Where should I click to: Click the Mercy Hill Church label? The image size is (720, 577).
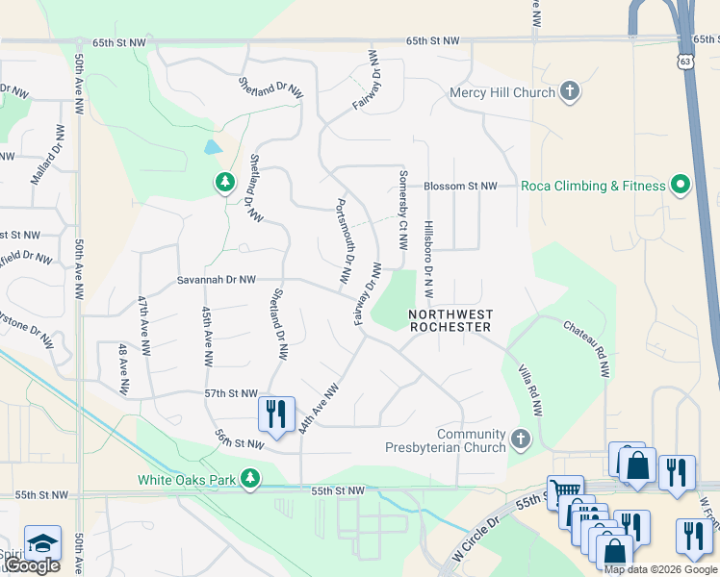tap(502, 92)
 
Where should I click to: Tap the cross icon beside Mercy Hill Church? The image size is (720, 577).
tap(570, 92)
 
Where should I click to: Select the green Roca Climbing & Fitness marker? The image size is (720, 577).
tap(681, 185)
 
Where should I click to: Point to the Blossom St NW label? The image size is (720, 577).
tap(460, 186)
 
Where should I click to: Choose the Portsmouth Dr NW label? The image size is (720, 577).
tap(343, 240)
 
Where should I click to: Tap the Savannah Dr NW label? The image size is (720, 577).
tap(216, 280)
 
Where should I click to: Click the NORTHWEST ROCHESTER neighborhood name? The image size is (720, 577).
tap(450, 320)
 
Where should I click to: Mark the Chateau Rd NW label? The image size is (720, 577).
tap(586, 349)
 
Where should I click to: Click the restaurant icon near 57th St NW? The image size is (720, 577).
tap(276, 414)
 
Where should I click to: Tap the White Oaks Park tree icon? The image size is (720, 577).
tap(250, 478)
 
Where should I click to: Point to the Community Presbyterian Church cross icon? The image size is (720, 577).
tap(521, 439)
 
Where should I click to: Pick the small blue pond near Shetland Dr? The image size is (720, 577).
tap(212, 148)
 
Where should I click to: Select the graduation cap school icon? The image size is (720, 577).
tap(42, 542)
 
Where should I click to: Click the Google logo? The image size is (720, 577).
tap(31, 565)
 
